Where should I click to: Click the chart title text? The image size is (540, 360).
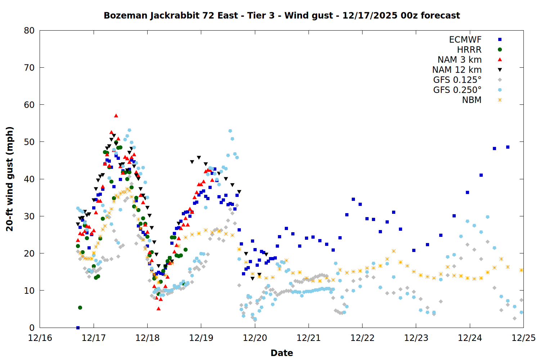[x=282, y=15]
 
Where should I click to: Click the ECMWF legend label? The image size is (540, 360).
[x=465, y=40]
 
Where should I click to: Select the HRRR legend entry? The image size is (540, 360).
[x=469, y=50]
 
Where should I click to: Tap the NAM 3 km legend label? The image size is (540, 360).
[x=459, y=60]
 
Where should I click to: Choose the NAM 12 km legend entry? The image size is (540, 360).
[x=457, y=70]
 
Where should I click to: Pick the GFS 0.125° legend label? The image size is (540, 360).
[x=457, y=80]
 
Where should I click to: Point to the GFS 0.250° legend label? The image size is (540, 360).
[x=457, y=90]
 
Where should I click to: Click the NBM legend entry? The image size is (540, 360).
[x=472, y=100]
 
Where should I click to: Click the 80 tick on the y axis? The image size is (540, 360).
[x=29, y=31]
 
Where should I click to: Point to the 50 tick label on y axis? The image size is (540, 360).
[x=29, y=142]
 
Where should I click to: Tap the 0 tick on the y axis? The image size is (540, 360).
[x=32, y=328]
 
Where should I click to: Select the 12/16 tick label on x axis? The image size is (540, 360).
[x=40, y=338]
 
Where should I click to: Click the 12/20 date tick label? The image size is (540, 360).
[x=255, y=338]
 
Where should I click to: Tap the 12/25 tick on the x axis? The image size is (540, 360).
[x=523, y=338]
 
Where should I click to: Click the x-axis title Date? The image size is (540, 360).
[x=282, y=353]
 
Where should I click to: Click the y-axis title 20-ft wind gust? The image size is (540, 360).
[x=10, y=179]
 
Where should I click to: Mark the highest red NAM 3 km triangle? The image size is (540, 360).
[x=116, y=116]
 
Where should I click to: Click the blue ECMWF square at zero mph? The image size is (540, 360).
[x=78, y=328]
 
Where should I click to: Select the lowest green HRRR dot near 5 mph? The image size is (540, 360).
[x=80, y=307]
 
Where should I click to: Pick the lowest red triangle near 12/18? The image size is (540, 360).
[x=158, y=309]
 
